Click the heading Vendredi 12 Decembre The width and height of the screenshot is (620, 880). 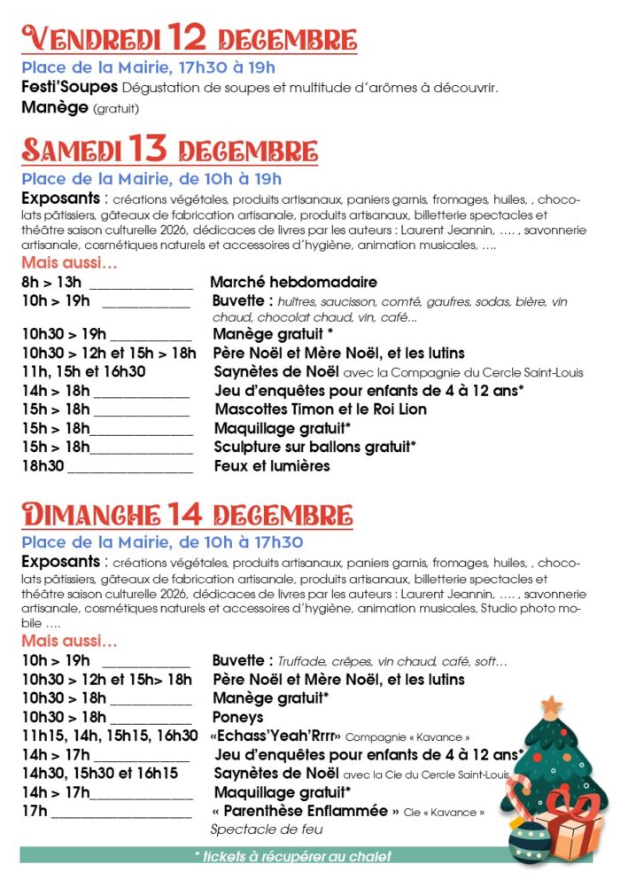(x=189, y=39)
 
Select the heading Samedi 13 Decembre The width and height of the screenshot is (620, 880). (x=169, y=150)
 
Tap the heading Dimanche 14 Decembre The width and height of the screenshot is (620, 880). (x=187, y=514)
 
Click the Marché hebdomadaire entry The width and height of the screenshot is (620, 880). (x=293, y=283)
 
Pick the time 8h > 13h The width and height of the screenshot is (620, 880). (x=51, y=283)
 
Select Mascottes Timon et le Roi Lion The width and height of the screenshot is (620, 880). (x=321, y=409)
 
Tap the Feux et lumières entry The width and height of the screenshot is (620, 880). (x=272, y=466)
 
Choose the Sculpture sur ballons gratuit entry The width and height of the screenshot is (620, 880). (x=315, y=447)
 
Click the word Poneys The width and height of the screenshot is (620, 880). (x=237, y=717)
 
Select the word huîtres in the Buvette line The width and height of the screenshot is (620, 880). (x=296, y=302)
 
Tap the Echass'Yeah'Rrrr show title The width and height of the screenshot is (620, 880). (x=275, y=736)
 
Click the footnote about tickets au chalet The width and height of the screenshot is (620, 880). (x=292, y=856)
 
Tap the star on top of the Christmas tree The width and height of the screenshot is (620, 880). (x=552, y=706)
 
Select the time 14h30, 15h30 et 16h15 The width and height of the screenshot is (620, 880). (x=100, y=774)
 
